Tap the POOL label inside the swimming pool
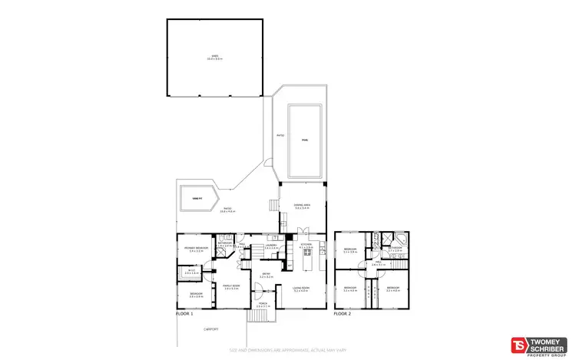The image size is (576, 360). (x=305, y=140)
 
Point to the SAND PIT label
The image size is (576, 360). (x=197, y=199)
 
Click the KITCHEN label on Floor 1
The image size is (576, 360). (x=305, y=245)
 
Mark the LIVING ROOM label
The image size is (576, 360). (x=300, y=289)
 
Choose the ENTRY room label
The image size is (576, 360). (x=266, y=273)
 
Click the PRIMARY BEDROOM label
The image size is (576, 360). (x=196, y=248)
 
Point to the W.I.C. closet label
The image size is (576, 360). (x=190, y=271)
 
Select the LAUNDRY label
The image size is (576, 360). (x=271, y=245)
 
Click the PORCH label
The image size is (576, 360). (x=263, y=304)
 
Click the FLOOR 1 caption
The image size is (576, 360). (x=184, y=314)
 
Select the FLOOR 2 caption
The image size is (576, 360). (x=343, y=314)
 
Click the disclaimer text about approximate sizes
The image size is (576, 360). (x=288, y=351)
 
